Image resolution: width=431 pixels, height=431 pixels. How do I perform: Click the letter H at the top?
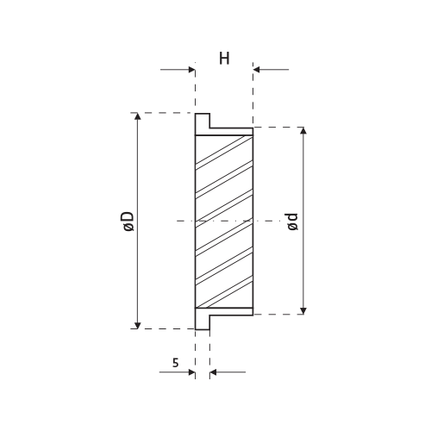tap(224, 59)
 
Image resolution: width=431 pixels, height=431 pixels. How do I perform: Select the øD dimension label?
tap(127, 221)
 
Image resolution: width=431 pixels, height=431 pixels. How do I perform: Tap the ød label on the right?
tap(293, 221)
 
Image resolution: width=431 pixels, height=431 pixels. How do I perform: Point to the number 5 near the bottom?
tap(176, 364)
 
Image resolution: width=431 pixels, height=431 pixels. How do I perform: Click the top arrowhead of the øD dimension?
tap(137, 117)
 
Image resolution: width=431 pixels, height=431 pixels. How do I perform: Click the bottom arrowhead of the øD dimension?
tap(137, 323)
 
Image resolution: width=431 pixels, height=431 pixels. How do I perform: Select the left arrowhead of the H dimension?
tap(191, 71)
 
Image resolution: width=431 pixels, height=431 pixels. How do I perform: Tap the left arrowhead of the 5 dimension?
tap(191, 373)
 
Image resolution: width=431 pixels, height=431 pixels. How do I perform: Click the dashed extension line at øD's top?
tap(164, 113)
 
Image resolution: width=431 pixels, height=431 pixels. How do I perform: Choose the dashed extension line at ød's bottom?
tap(280, 314)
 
